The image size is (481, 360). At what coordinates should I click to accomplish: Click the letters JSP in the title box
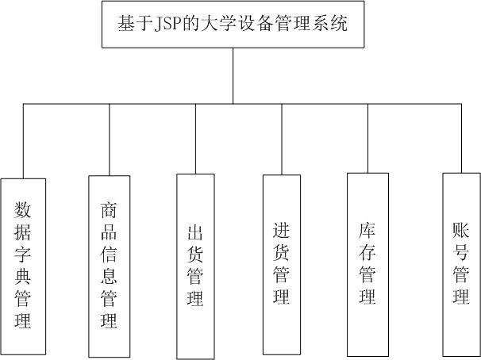167,24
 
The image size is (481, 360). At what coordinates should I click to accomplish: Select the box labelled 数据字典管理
23,266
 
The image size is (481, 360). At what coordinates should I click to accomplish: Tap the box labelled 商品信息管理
110,266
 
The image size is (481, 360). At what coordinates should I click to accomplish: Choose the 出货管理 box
195,266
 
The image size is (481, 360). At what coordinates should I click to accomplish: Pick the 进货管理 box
282,265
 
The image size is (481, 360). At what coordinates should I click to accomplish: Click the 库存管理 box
367,265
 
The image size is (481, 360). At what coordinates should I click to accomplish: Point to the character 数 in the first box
23,209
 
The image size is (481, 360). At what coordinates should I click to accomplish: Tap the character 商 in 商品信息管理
109,209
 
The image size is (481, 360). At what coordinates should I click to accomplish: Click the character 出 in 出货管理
195,232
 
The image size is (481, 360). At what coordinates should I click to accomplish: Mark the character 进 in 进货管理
281,230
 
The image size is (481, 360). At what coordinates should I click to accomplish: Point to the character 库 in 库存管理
367,230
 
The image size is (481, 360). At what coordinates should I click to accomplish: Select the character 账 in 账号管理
461,230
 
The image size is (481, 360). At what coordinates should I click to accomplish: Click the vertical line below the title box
233,76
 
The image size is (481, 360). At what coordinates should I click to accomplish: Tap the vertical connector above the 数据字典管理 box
23,141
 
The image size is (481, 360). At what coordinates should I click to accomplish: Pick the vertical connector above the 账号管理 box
461,138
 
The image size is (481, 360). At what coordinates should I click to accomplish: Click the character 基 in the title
125,24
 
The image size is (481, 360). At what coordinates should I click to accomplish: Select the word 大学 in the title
217,24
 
